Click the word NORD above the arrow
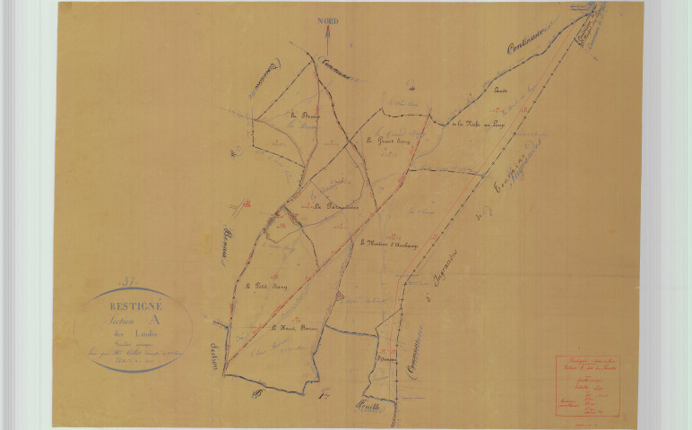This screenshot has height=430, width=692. click(x=328, y=21)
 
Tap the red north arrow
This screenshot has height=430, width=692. click(x=328, y=39)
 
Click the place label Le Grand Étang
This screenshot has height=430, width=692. click(x=387, y=142)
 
